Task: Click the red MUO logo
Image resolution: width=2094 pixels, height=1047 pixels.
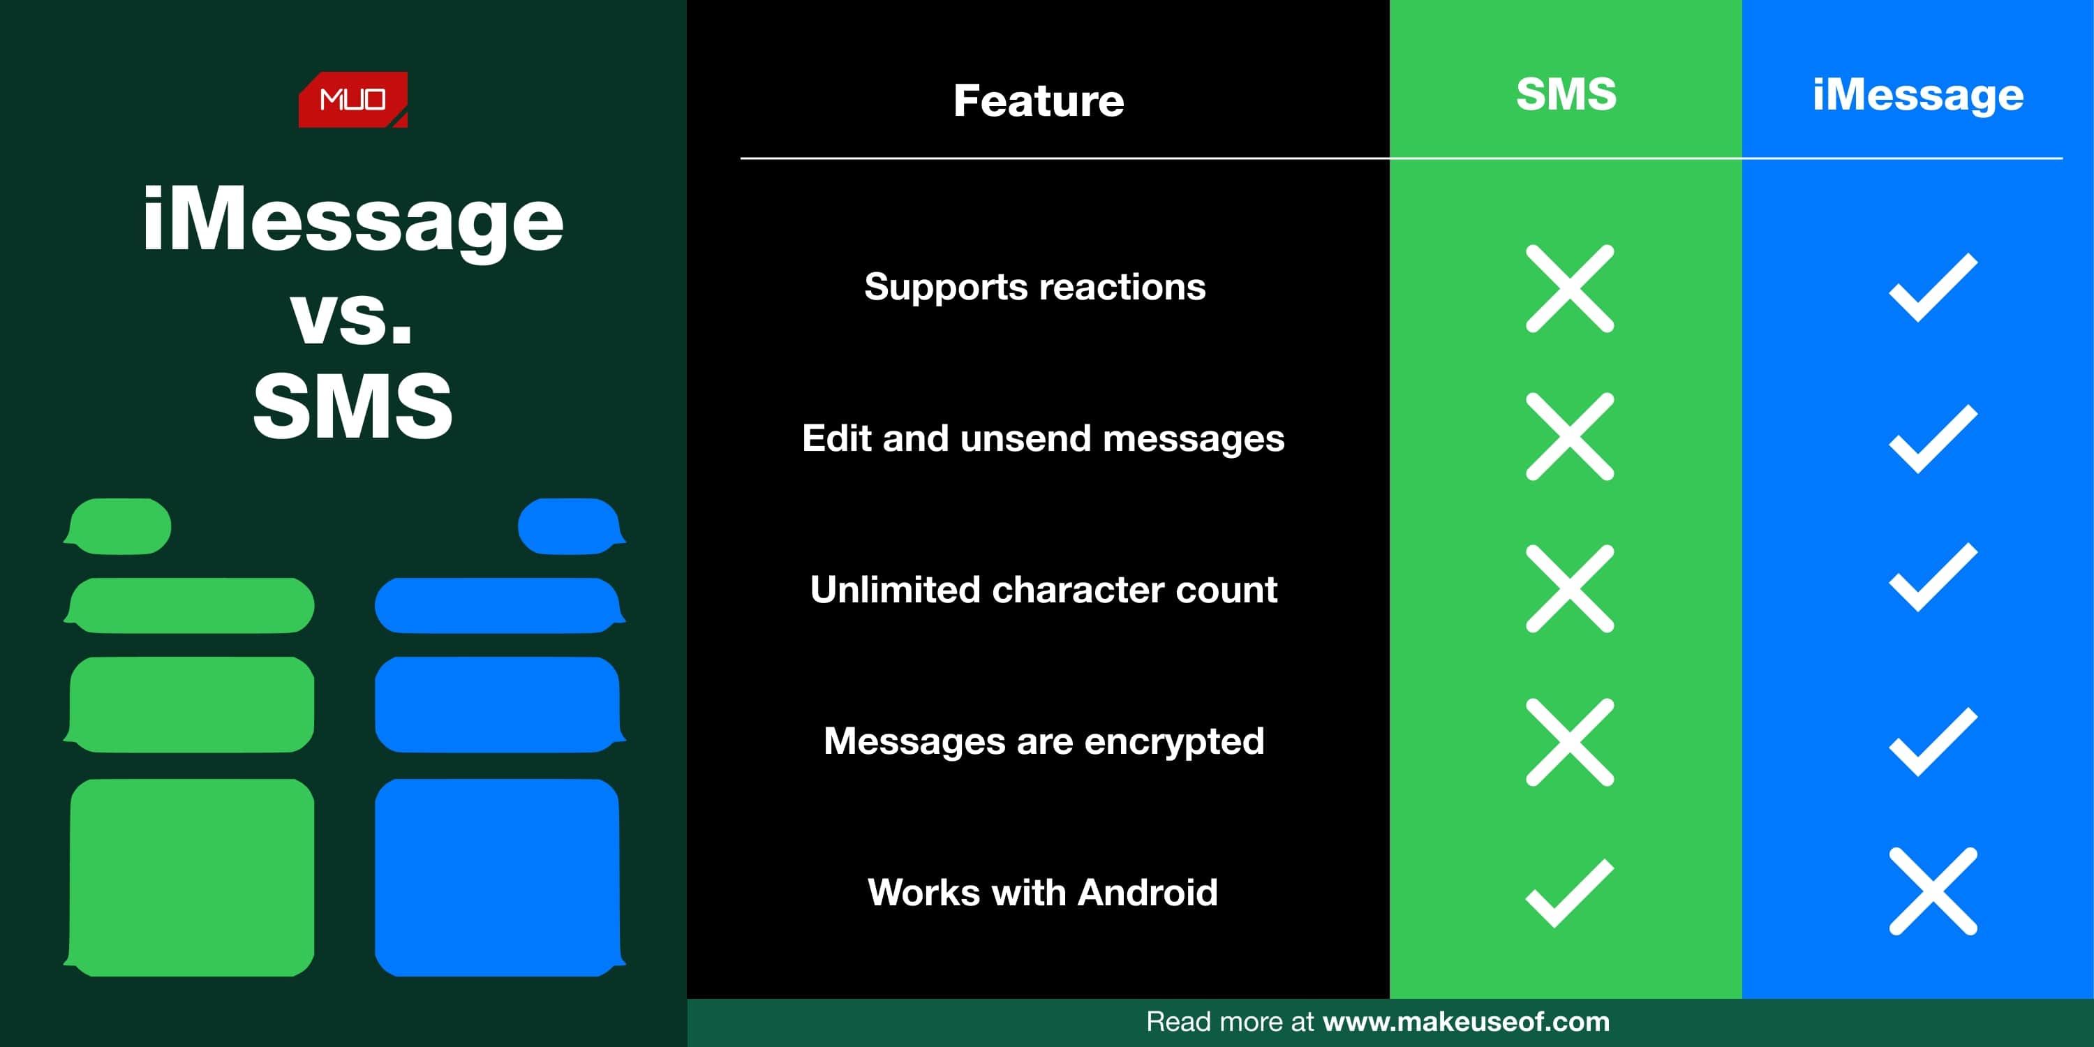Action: pyautogui.click(x=352, y=100)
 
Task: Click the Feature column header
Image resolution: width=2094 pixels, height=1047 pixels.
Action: pyautogui.click(x=1039, y=101)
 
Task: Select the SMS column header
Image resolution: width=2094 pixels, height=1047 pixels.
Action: pyautogui.click(x=1566, y=94)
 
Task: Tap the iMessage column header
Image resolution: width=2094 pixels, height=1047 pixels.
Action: pyautogui.click(x=1918, y=96)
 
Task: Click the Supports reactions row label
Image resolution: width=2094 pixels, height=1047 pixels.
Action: pyautogui.click(x=1035, y=287)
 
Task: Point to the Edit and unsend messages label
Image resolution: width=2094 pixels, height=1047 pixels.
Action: pyautogui.click(x=1043, y=438)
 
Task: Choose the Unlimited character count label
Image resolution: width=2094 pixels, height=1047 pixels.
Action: pyautogui.click(x=1044, y=589)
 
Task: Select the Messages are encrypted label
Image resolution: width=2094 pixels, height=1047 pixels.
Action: pyautogui.click(x=1044, y=741)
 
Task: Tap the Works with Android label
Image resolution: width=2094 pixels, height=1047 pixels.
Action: pyautogui.click(x=1043, y=892)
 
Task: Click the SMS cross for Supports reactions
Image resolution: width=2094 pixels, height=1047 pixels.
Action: pyautogui.click(x=1570, y=288)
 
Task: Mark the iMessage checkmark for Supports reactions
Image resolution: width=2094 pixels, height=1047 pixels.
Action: pyautogui.click(x=1933, y=288)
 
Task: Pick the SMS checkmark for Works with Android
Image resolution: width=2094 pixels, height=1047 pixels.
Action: pyautogui.click(x=1570, y=893)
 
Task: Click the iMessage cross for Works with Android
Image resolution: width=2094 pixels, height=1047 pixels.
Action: pyautogui.click(x=1933, y=891)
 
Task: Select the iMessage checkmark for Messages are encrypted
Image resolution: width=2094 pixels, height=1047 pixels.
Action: pyautogui.click(x=1933, y=742)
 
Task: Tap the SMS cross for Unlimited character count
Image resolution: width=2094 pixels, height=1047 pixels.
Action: pyautogui.click(x=1570, y=588)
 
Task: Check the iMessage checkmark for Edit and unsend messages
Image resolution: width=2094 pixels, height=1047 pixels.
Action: pyautogui.click(x=1933, y=439)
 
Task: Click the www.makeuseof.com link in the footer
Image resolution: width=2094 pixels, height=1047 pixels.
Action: pyautogui.click(x=1466, y=1021)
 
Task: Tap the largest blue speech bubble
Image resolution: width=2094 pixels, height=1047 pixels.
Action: pyautogui.click(x=499, y=877)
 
